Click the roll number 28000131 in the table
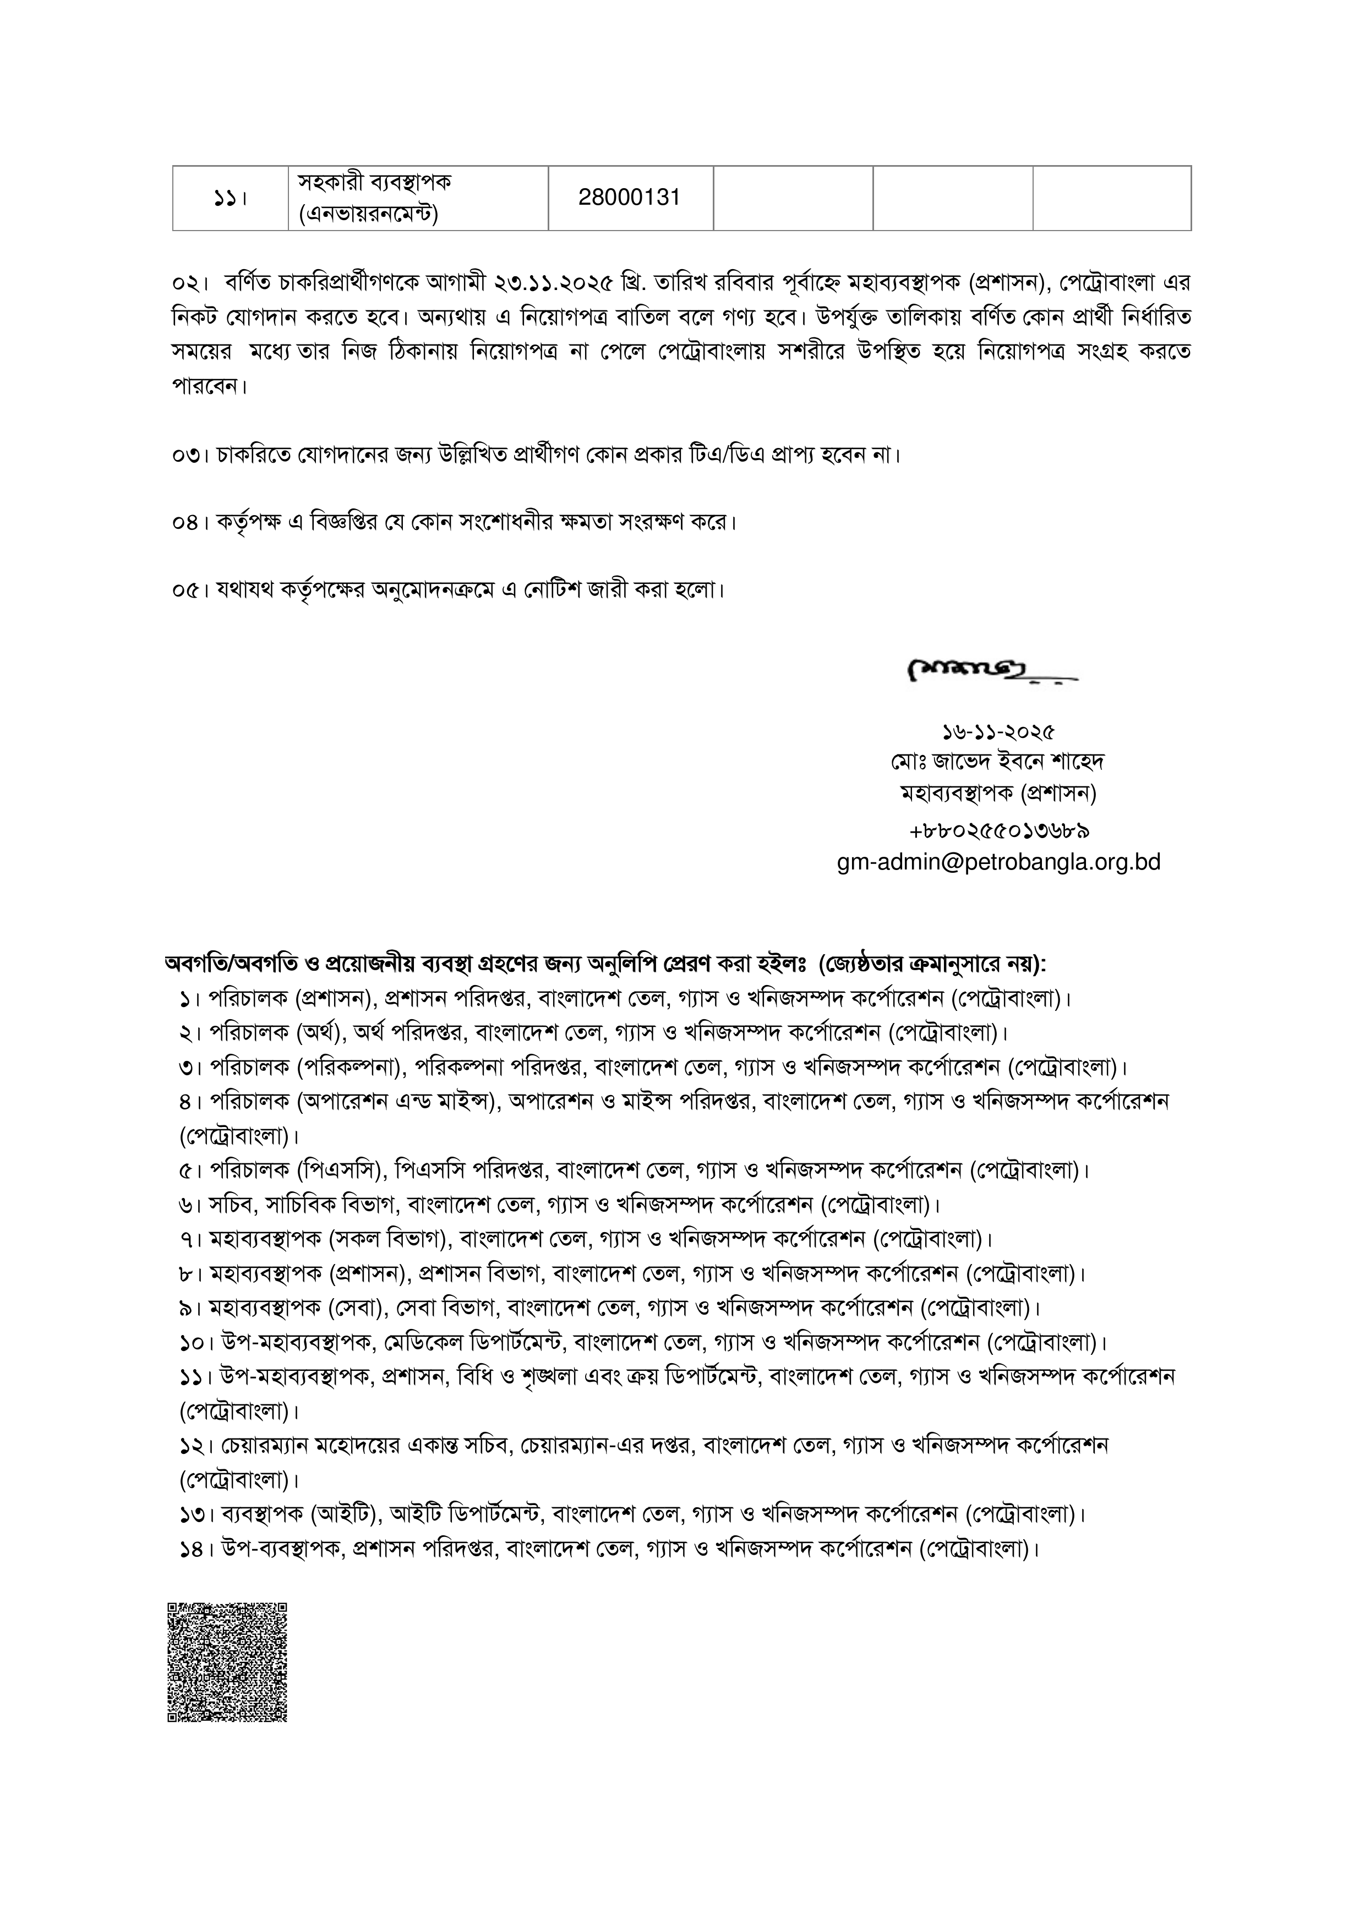point(629,198)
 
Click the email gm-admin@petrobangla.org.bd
point(998,862)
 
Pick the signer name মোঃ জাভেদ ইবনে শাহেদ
point(998,761)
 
